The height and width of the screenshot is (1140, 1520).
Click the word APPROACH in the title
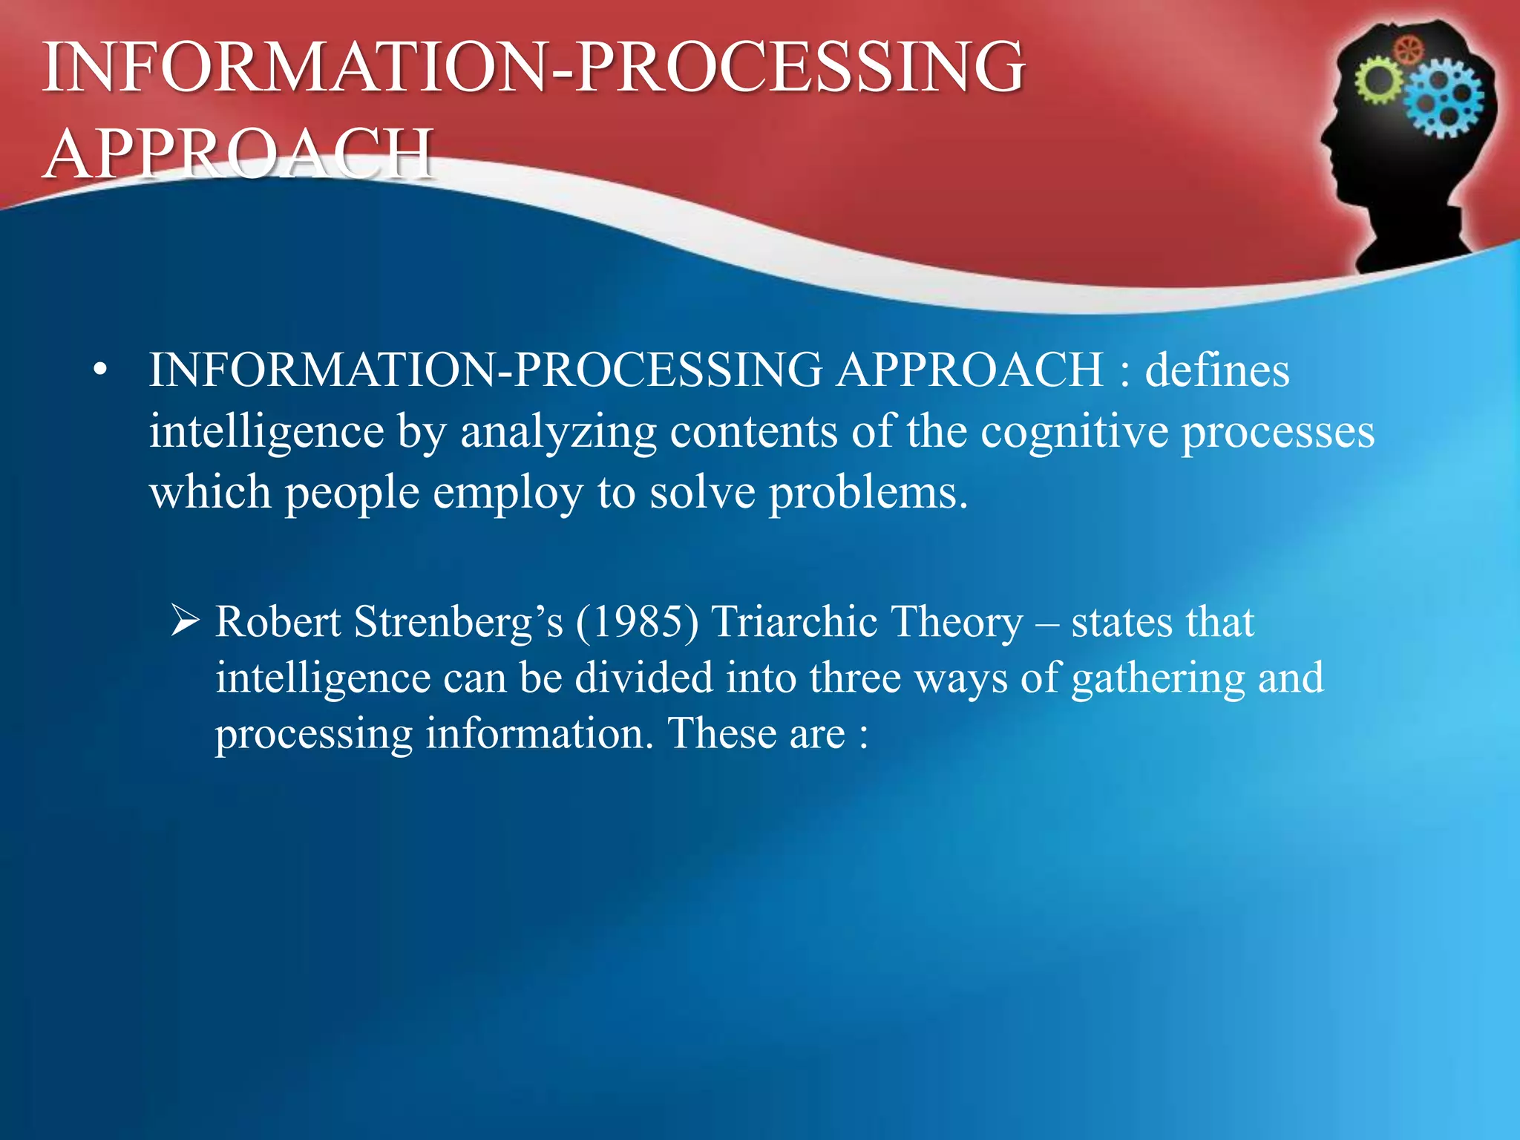237,154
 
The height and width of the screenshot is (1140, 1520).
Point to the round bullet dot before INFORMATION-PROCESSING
101,370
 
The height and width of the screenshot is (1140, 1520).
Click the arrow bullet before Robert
184,620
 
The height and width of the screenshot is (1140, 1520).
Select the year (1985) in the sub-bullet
637,622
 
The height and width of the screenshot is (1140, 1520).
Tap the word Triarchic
793,622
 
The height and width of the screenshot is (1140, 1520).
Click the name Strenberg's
458,622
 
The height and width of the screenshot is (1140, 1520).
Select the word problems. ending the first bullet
868,493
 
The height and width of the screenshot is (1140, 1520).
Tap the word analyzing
558,431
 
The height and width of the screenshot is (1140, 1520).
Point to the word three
854,678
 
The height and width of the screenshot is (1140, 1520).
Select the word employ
508,493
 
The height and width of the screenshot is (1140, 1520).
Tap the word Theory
956,622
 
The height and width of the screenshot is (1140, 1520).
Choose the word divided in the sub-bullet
643,678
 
